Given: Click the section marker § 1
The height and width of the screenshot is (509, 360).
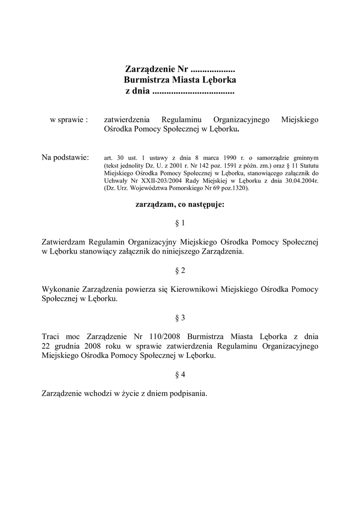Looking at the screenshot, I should pos(180,223).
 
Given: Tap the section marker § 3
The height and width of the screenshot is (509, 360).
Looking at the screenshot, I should pos(180,317).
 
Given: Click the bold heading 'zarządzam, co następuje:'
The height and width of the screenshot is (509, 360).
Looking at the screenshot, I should pos(180,204).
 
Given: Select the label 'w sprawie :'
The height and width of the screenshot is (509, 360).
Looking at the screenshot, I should pos(69,120).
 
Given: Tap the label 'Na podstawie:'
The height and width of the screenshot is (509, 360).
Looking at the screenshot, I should pos(65,158).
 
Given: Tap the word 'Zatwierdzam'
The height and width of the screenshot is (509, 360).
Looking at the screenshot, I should pos(64,242).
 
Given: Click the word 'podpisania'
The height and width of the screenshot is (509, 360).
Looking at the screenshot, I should pos(187,393).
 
